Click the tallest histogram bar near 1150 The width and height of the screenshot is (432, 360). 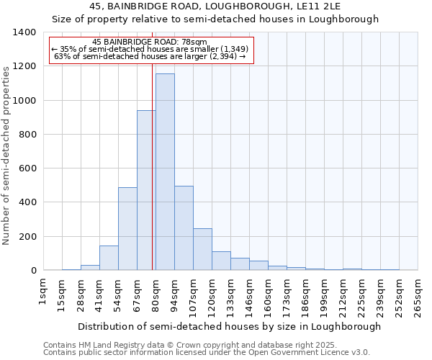click(165, 173)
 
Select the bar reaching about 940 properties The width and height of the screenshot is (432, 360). click(146, 191)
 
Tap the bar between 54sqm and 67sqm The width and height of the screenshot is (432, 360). click(127, 229)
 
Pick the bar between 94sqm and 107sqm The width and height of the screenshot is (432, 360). click(184, 228)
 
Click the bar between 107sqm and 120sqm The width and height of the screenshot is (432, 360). click(202, 249)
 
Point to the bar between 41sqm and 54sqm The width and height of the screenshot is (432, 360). click(109, 258)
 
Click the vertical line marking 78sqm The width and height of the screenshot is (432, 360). click(153, 166)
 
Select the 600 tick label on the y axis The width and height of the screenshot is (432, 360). click(27, 168)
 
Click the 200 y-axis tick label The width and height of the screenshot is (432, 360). click(27, 237)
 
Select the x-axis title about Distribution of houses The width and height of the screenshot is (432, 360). click(229, 326)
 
